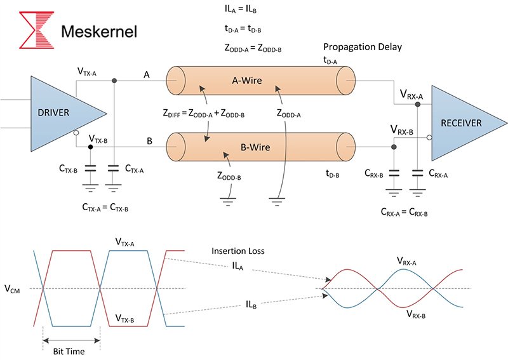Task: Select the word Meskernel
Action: [98, 31]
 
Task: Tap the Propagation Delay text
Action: [362, 48]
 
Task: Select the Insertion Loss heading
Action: [237, 251]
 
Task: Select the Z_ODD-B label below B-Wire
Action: [229, 177]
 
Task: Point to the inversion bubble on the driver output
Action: [76, 133]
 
